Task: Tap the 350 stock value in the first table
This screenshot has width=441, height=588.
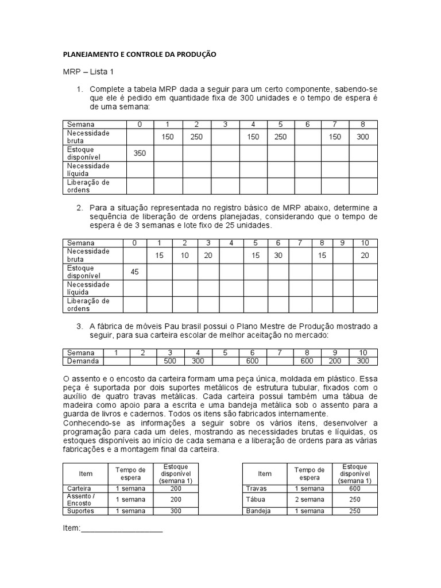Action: click(140, 153)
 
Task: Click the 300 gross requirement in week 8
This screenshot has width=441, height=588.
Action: click(363, 137)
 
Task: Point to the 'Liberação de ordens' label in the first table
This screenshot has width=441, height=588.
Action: click(88, 186)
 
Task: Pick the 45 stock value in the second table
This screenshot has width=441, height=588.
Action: click(134, 272)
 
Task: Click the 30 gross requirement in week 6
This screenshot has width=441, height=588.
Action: click(278, 256)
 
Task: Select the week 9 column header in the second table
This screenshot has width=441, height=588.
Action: click(342, 243)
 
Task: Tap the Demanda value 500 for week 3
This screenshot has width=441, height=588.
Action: click(170, 361)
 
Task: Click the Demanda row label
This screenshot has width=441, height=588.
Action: click(83, 361)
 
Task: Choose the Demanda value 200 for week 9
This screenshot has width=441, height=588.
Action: click(335, 361)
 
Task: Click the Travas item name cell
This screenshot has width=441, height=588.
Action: click(256, 489)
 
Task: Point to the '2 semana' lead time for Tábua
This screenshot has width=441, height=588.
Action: click(310, 500)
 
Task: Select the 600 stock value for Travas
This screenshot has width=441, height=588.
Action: click(354, 489)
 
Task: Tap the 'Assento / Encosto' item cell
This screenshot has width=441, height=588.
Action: click(85, 500)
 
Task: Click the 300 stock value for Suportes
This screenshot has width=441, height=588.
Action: click(176, 510)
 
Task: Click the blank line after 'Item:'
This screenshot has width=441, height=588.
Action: click(121, 529)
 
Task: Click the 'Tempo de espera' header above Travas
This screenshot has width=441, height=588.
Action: click(310, 474)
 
